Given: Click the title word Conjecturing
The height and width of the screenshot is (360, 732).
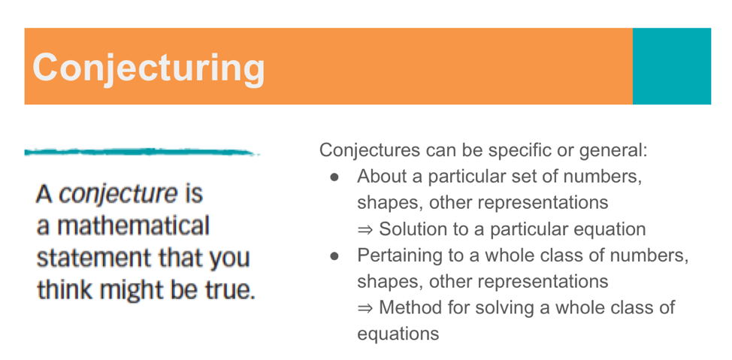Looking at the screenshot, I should click(149, 68).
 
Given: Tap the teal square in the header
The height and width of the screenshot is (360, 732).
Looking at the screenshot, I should click(671, 66).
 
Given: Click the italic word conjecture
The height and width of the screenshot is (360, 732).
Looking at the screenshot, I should click(117, 195).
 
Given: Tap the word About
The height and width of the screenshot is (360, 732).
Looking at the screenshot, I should click(381, 177).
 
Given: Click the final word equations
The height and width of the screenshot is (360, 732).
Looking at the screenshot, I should click(398, 334).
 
